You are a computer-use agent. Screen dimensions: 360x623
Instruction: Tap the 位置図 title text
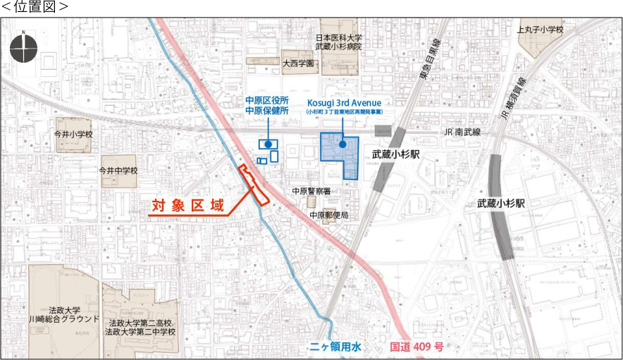tap(35, 7)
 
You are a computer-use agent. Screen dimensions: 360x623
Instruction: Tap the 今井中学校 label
tap(118, 170)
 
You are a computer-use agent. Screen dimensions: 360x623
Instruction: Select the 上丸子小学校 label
tap(541, 30)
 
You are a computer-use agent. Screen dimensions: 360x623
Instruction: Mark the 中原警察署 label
tap(311, 191)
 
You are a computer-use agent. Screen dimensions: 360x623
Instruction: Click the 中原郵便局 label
tap(328, 215)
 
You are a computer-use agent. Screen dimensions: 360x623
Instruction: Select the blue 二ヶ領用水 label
tap(335, 347)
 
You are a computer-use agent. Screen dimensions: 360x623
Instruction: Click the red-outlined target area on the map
tap(254, 185)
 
